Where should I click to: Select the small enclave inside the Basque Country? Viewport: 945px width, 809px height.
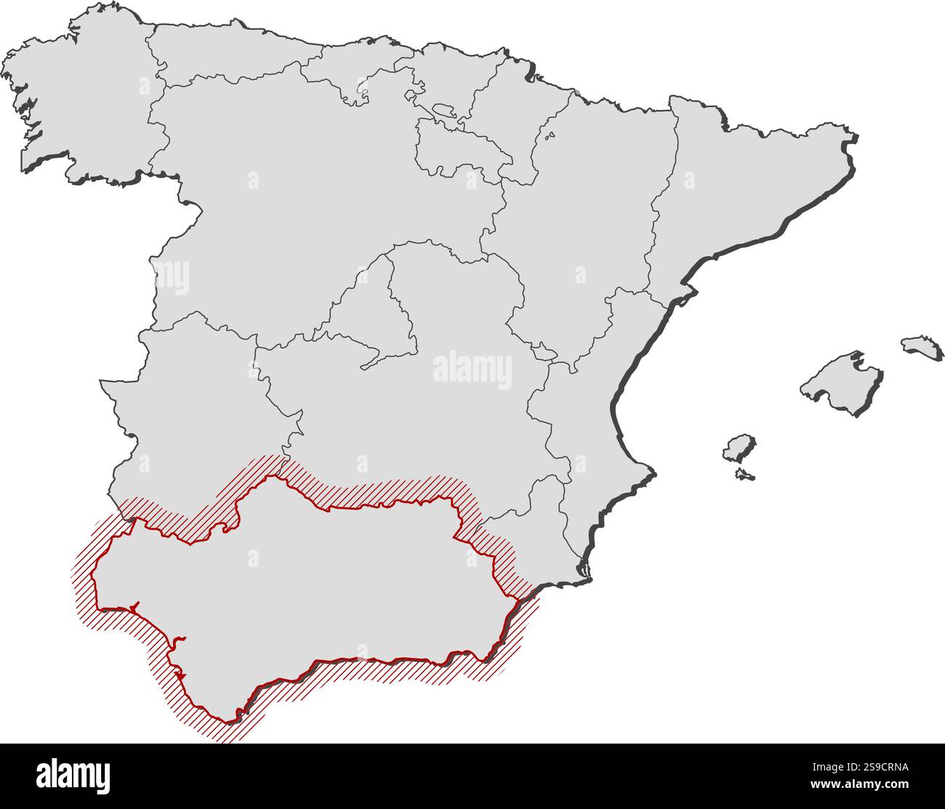coord(443,113)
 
